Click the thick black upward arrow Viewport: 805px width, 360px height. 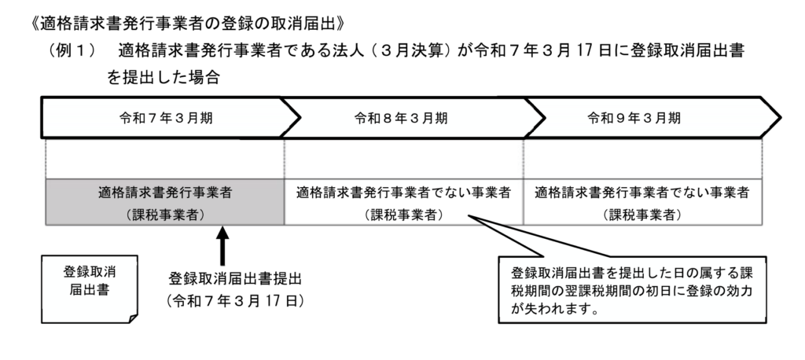tap(222, 245)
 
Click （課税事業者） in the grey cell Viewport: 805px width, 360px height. tap(165, 215)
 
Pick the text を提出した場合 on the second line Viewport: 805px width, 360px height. tap(164, 78)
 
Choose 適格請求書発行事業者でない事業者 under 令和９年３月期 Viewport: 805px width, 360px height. tap(641, 192)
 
